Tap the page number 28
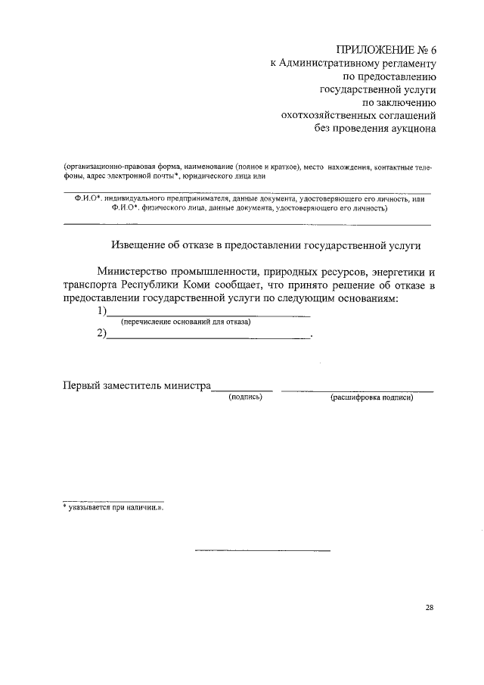tap(430, 608)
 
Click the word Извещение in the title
tap(140, 246)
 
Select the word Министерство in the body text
tap(136, 272)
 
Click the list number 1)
tap(101, 312)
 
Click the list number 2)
tap(101, 334)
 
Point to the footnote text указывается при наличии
tap(115, 508)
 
